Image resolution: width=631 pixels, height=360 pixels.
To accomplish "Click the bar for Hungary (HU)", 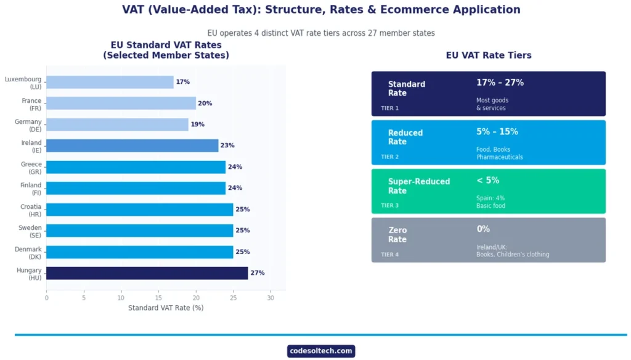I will (x=147, y=273).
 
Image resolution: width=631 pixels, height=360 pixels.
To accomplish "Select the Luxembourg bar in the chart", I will (x=110, y=82).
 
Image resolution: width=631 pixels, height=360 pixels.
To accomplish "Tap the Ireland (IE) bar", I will (x=132, y=145).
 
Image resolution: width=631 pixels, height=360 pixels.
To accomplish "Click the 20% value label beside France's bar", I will (x=205, y=104).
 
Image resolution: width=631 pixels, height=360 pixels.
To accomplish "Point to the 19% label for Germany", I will (x=197, y=125).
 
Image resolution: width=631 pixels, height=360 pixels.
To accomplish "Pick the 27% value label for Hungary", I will (x=257, y=273).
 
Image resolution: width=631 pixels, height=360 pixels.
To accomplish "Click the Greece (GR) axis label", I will (x=31, y=168).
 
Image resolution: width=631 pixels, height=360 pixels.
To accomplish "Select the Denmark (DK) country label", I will (x=28, y=253).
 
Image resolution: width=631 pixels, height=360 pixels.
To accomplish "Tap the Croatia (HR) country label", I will (x=31, y=210).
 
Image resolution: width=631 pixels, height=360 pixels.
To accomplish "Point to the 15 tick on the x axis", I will (x=158, y=298).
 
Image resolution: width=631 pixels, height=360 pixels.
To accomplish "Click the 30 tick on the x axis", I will (x=271, y=298).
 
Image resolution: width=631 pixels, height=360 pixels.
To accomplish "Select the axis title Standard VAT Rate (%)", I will (x=166, y=308).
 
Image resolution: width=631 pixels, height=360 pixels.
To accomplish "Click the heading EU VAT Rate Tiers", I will (x=489, y=55).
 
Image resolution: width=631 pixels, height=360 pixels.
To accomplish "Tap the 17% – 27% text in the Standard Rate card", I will (x=500, y=83).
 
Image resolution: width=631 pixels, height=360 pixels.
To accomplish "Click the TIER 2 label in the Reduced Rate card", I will (x=389, y=157).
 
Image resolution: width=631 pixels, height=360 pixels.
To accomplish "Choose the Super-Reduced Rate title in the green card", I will (x=419, y=186).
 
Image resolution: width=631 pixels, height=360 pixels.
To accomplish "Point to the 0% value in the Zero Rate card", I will (x=483, y=229).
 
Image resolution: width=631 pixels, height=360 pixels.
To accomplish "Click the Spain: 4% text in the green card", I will (x=491, y=198).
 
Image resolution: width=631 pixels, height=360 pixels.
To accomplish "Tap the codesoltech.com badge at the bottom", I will (x=321, y=351).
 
